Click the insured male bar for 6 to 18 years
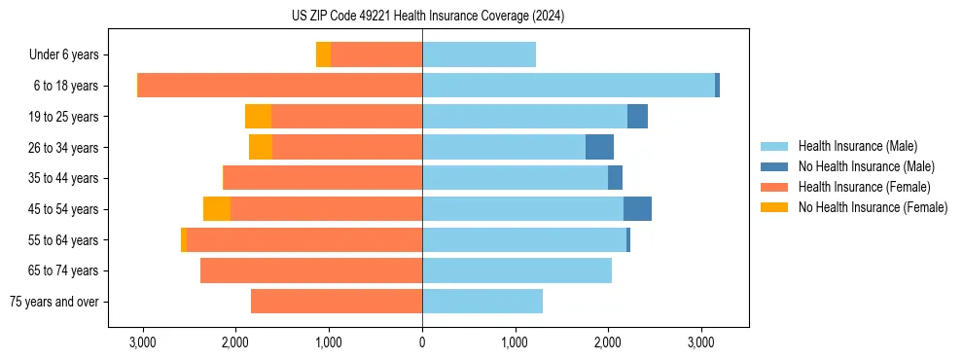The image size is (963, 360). pos(568,86)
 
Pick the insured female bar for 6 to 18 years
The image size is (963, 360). pos(280,86)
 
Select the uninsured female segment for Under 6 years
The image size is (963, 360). pos(323,54)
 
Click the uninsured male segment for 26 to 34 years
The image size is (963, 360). pos(599,147)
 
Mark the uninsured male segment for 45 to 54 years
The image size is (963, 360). pos(637,209)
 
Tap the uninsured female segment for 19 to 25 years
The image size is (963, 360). pos(258,117)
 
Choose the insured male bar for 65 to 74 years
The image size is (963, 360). pos(517,270)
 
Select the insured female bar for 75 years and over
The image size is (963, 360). pos(337,302)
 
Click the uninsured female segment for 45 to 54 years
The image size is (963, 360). pos(217,209)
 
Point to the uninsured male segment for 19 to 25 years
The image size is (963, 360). pos(637,117)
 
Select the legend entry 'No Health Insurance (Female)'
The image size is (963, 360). pos(873,207)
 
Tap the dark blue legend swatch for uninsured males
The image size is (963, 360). pos(775,166)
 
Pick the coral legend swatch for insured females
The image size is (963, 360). pos(775,187)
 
